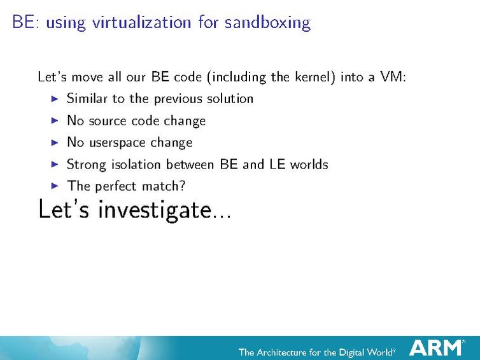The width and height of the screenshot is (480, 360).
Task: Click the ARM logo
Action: point(437,348)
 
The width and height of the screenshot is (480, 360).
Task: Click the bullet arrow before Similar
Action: point(55,99)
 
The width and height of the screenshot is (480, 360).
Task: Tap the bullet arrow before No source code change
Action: point(55,121)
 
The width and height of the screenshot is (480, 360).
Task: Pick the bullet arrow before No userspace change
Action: point(55,142)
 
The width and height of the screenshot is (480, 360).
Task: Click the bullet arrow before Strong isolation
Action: point(55,165)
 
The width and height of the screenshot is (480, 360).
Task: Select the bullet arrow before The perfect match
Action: point(55,186)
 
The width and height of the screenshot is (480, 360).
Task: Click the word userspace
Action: point(117,143)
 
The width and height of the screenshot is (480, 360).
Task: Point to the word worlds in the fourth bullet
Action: point(309,164)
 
